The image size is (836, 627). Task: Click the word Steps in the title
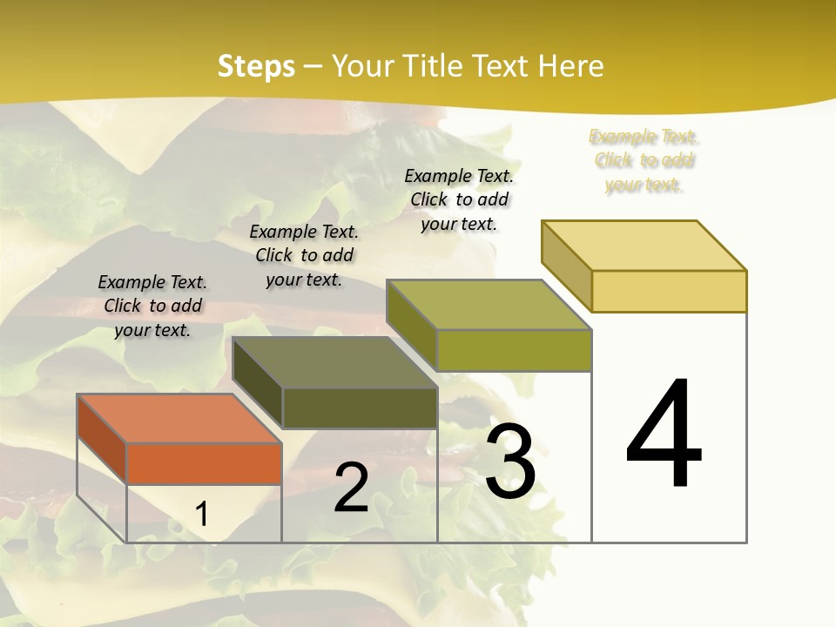(x=256, y=66)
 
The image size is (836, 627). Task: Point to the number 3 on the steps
(x=510, y=462)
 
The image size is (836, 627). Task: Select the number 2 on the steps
(x=351, y=488)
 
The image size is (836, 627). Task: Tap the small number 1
(x=202, y=514)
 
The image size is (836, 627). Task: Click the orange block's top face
(x=179, y=419)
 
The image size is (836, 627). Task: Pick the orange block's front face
(x=204, y=463)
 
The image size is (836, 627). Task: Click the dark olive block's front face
(x=360, y=408)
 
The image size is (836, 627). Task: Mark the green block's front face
(x=514, y=350)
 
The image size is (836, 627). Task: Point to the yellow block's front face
(x=669, y=291)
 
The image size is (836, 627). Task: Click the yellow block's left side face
(x=566, y=266)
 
